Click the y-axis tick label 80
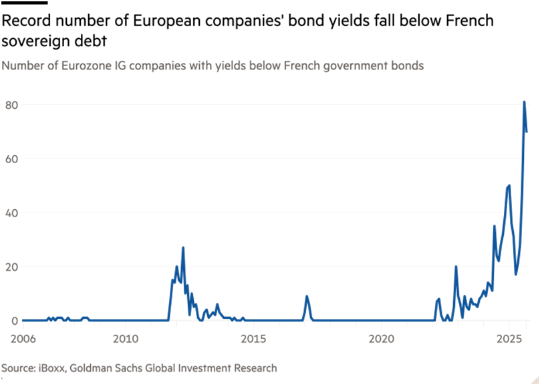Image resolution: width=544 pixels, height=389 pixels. [x=11, y=105]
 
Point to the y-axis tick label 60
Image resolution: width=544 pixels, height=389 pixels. [x=11, y=159]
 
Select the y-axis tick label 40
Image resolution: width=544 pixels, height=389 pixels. [x=11, y=213]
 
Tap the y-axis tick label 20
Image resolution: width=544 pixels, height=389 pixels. [x=11, y=267]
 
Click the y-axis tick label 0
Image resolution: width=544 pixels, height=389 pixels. [x=14, y=321]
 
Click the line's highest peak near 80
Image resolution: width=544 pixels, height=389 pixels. [x=525, y=102]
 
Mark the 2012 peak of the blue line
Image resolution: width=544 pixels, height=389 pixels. [x=182, y=248]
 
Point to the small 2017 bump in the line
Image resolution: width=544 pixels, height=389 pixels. [x=307, y=297]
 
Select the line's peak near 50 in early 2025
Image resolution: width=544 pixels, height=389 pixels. [x=509, y=186]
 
